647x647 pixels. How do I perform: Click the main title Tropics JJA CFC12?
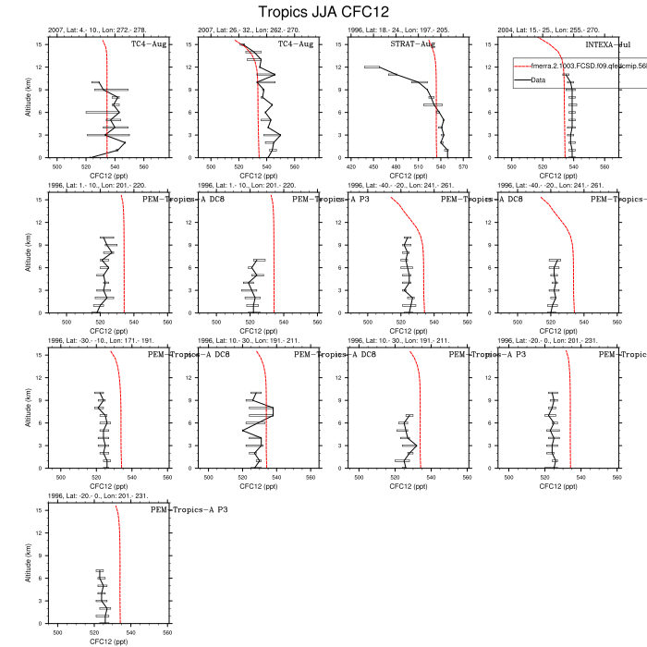pos(323,12)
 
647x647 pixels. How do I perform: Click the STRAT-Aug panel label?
pos(413,43)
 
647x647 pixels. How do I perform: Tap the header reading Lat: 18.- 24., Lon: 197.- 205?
pos(398,31)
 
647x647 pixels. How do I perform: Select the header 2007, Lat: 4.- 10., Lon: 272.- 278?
pos(97,31)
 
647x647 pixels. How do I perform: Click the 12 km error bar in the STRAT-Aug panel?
pos(372,67)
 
